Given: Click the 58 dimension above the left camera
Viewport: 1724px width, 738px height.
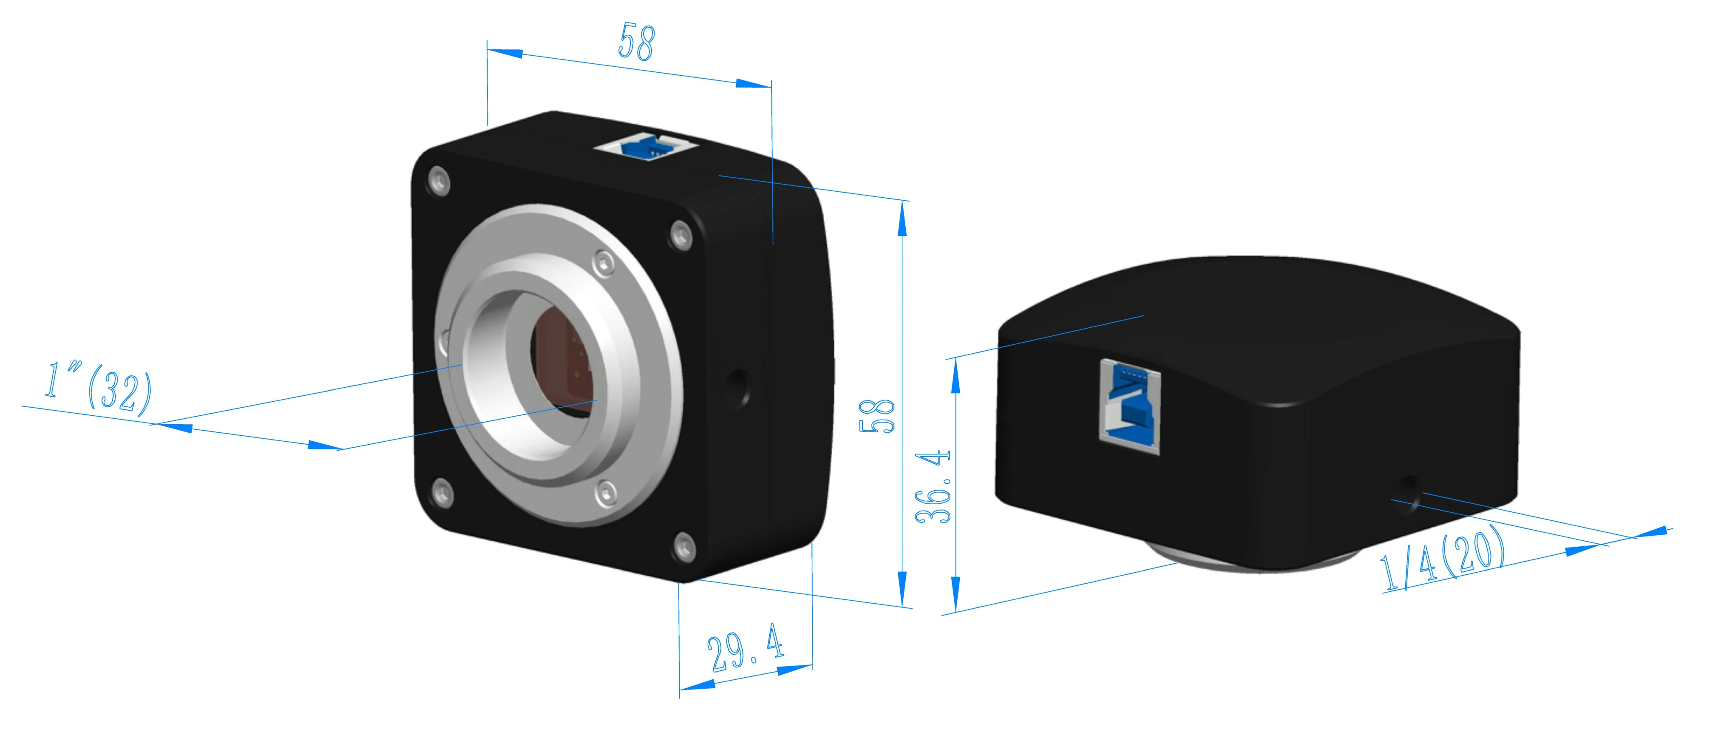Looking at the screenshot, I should (x=636, y=42).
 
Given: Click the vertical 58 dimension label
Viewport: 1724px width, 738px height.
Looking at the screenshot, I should (x=877, y=416).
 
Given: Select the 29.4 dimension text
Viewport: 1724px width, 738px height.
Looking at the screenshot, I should (x=745, y=648).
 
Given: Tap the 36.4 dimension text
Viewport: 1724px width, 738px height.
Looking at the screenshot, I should (x=933, y=486).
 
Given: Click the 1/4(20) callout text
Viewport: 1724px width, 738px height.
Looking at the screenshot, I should (x=1442, y=558).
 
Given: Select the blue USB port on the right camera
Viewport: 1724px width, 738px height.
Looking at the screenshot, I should (x=1130, y=406).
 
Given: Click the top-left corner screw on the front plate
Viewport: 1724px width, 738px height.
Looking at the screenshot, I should (x=438, y=181).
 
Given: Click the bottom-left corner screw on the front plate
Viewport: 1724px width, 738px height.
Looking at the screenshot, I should (x=442, y=494).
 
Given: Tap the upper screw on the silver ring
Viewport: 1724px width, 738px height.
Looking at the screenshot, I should (x=604, y=263).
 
